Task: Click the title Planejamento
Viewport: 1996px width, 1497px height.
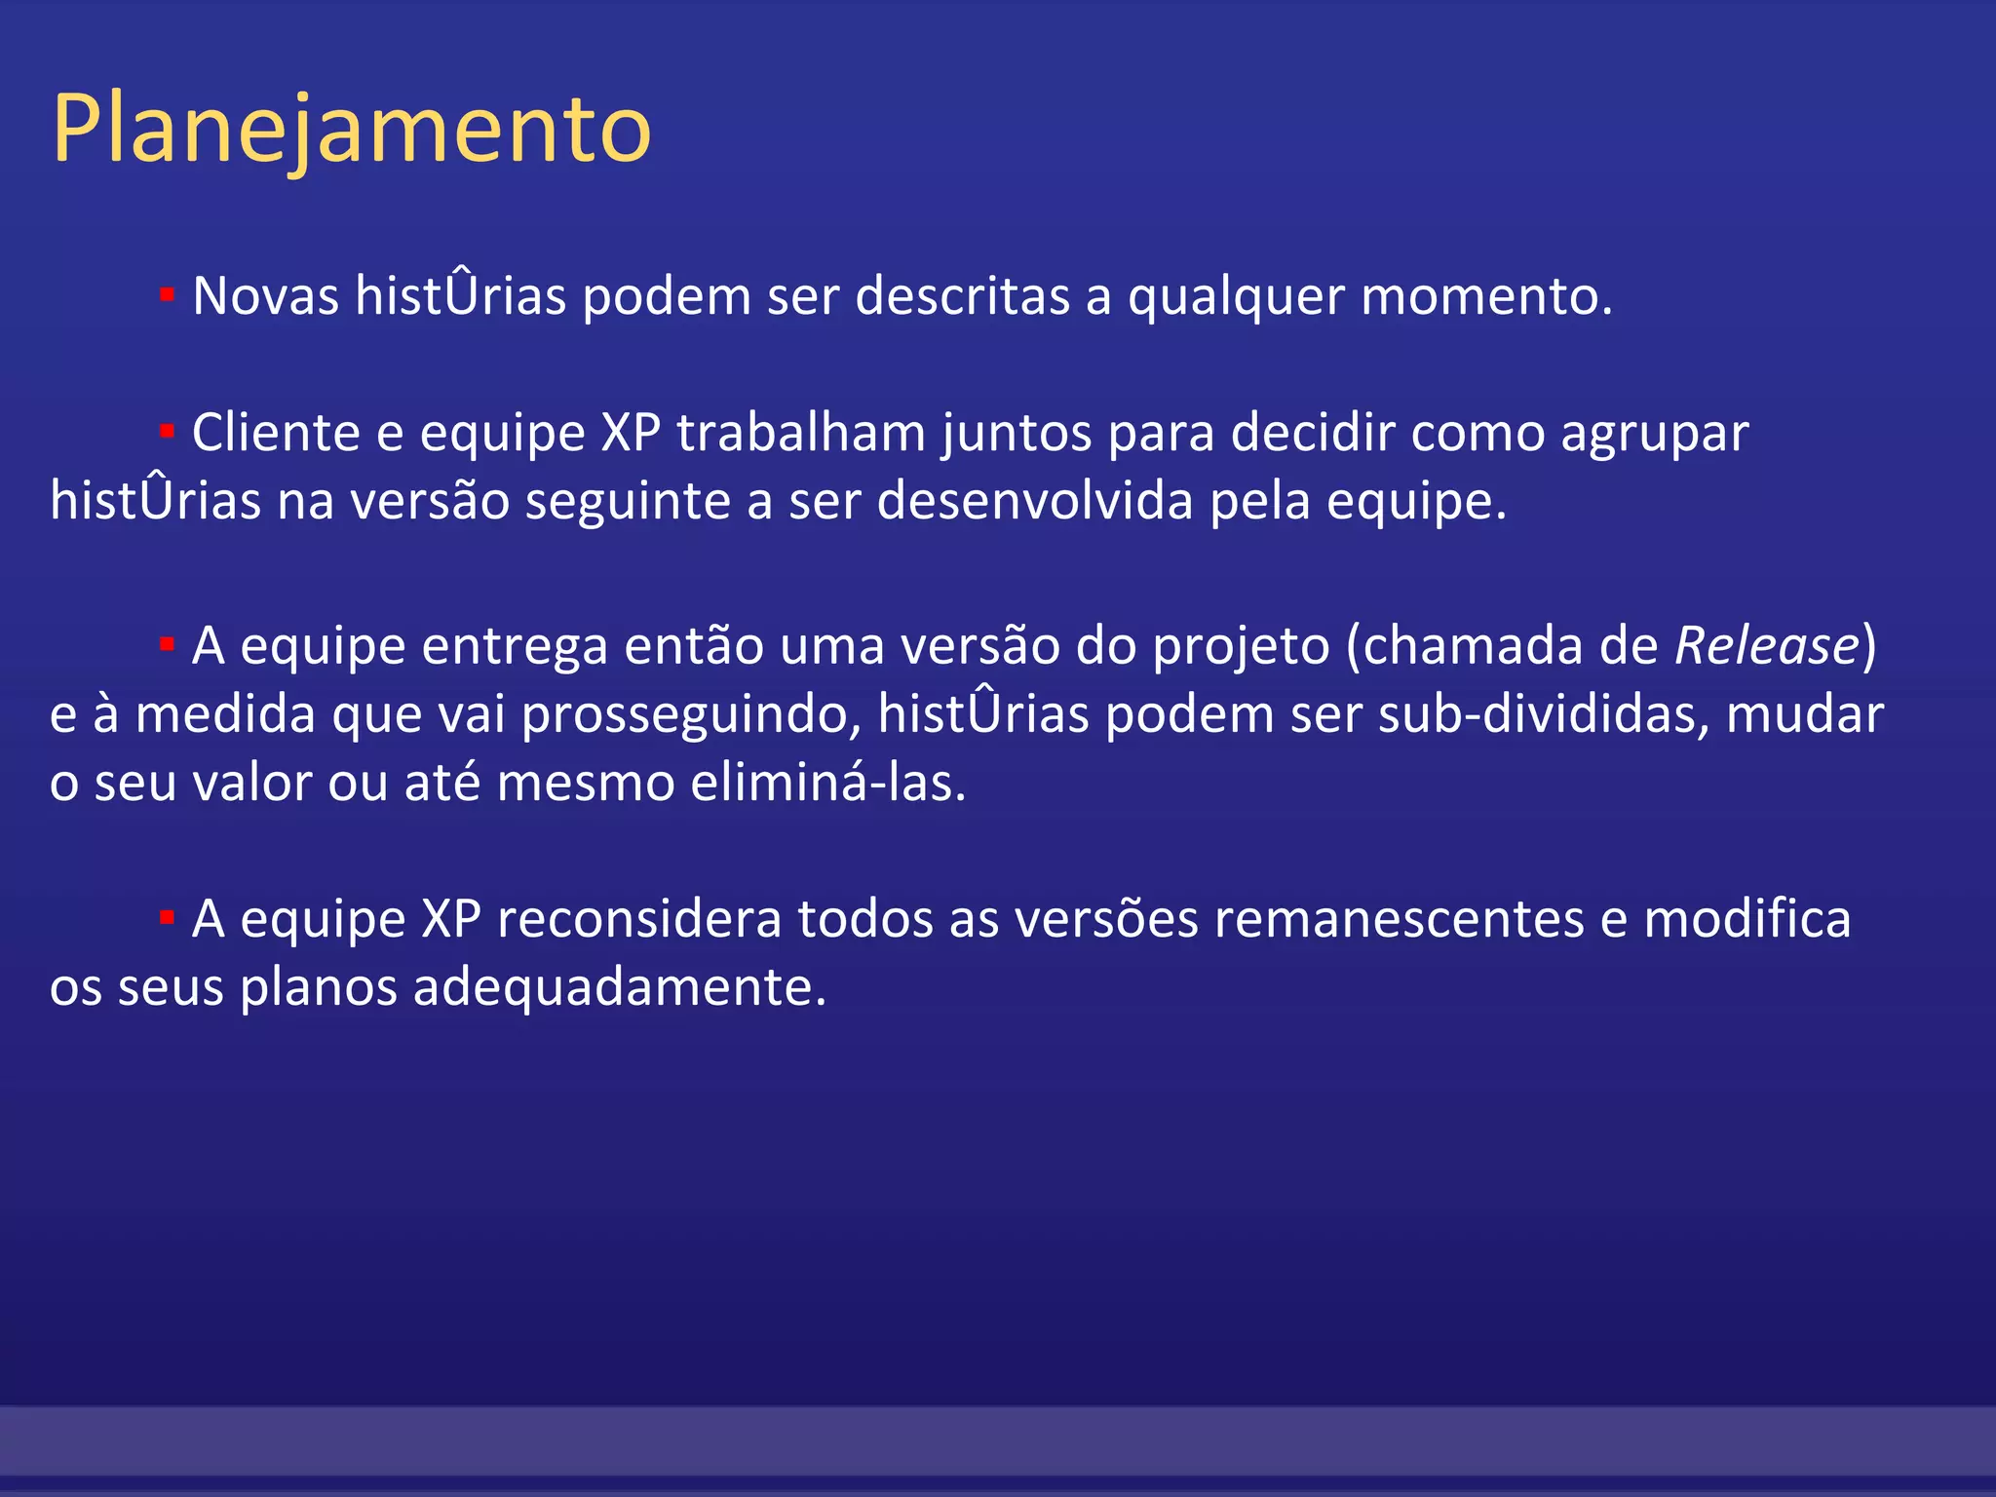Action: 351,129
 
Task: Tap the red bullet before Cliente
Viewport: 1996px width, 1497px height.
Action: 167,431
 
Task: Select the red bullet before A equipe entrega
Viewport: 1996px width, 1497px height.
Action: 167,644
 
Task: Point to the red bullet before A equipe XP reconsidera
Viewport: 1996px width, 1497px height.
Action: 167,917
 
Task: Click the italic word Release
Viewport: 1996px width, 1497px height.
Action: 1766,645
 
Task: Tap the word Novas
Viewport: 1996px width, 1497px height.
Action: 265,295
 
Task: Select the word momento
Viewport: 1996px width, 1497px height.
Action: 1485,295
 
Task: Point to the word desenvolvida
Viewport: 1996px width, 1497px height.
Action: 1035,501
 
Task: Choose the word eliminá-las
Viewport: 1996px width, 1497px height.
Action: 827,783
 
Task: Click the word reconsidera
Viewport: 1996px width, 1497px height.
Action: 638,919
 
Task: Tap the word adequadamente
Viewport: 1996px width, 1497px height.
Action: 619,987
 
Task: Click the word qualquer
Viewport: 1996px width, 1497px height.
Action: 1236,297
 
